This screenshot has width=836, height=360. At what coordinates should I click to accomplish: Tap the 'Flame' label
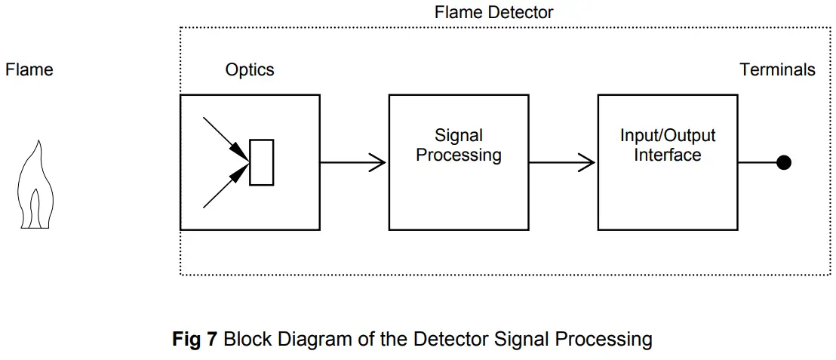[x=29, y=70]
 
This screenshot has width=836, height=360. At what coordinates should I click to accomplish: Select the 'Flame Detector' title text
[x=493, y=12]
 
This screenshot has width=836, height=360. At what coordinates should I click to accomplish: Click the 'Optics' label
[x=250, y=70]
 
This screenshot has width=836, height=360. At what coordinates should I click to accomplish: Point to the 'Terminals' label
[x=777, y=70]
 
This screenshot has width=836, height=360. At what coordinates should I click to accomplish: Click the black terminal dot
[x=784, y=162]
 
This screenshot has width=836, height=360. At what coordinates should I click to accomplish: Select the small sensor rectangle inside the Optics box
[x=261, y=162]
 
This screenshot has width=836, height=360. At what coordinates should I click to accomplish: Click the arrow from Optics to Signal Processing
[x=353, y=162]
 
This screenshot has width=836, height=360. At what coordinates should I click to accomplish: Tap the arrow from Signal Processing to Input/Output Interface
[x=562, y=162]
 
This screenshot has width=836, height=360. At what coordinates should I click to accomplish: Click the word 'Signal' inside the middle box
[x=459, y=136]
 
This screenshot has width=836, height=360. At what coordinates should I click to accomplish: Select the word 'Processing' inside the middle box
[x=459, y=155]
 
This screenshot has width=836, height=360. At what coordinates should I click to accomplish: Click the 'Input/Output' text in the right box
[x=668, y=136]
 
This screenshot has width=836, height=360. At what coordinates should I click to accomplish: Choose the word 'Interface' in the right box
[x=668, y=155]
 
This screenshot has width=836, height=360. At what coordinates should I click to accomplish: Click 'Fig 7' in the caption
[x=195, y=339]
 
